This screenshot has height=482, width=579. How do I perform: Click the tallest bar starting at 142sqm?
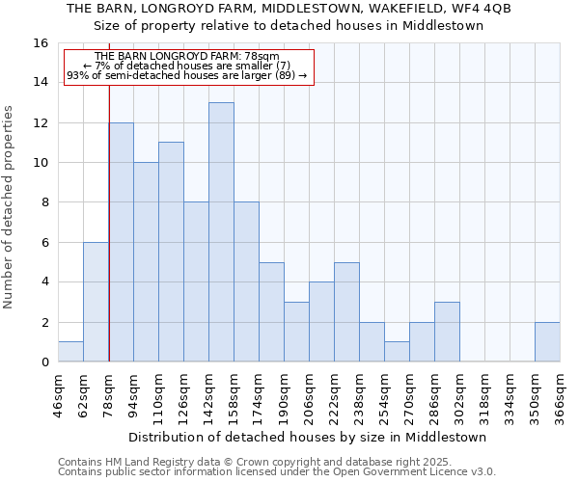click(x=221, y=232)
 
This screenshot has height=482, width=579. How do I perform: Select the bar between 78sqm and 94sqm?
click(x=121, y=242)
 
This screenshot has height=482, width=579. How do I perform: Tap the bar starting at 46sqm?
click(x=70, y=352)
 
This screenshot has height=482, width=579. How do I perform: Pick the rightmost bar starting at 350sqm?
click(x=547, y=342)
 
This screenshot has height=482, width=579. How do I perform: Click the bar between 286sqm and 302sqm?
click(x=447, y=332)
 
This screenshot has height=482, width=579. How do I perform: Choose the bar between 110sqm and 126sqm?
click(x=171, y=252)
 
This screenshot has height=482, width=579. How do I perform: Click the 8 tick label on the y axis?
click(x=44, y=202)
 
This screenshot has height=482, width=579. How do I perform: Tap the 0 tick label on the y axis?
click(x=44, y=362)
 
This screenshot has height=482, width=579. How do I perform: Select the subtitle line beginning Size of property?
click(x=289, y=26)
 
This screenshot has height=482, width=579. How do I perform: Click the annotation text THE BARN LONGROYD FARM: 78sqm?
click(x=187, y=57)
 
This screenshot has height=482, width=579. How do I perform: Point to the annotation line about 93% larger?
click(x=187, y=75)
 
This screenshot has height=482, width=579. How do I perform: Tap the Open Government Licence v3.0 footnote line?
click(x=277, y=472)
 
